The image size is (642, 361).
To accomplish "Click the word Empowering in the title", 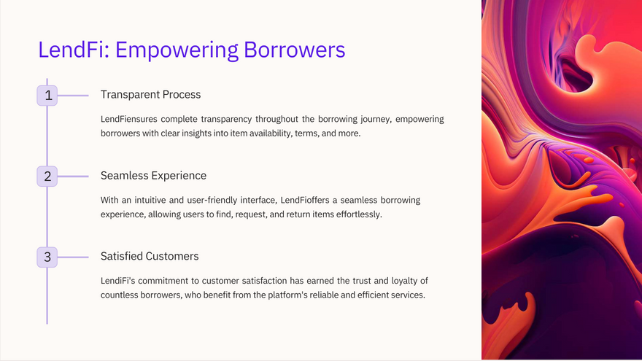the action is click(x=177, y=50).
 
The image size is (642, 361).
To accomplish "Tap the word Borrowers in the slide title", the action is click(x=295, y=50).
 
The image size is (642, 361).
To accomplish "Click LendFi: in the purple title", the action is click(x=74, y=50).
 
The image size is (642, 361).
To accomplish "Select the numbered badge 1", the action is click(x=47, y=96).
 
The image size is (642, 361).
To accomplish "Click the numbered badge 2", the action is click(x=47, y=176).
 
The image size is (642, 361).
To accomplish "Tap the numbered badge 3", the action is click(x=47, y=257).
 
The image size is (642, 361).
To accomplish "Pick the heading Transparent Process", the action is click(x=151, y=95).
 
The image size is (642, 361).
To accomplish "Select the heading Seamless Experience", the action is click(x=153, y=176).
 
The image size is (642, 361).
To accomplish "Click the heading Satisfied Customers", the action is click(x=150, y=256).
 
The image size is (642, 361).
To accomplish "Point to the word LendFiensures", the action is click(x=129, y=119).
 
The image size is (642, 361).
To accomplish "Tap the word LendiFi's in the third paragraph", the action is click(x=118, y=281).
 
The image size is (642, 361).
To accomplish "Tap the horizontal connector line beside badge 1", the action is click(x=73, y=96).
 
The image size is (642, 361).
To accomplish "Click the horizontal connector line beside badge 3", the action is click(x=73, y=257).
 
